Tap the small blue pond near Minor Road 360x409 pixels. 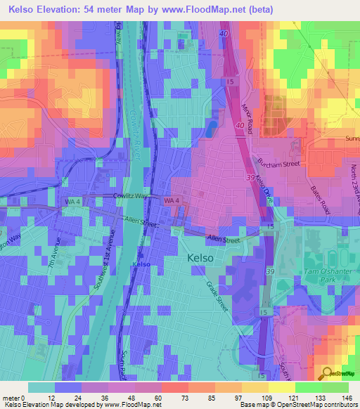click(x=210, y=129)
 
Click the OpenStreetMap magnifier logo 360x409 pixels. click(x=326, y=374)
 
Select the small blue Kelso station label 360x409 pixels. click(x=141, y=264)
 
